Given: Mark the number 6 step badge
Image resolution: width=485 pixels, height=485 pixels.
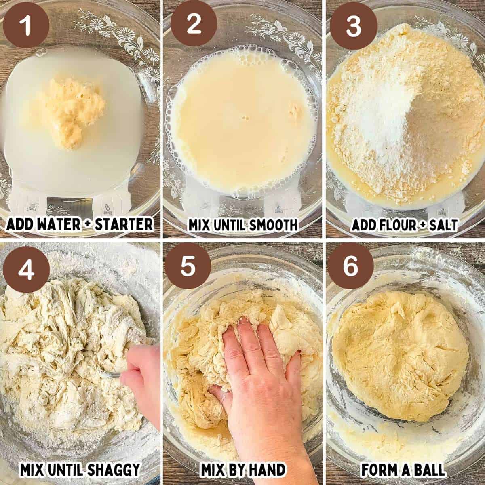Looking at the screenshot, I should (350, 266).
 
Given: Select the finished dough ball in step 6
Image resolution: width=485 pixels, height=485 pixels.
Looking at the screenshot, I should (400, 356).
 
